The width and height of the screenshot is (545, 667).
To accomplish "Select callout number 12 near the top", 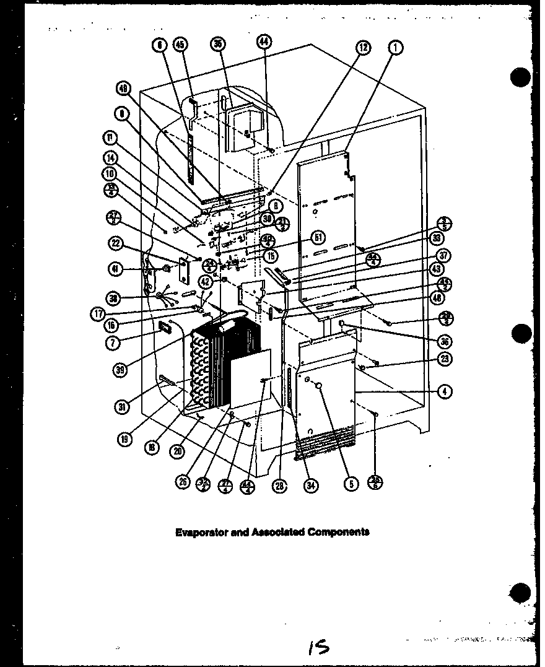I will [363, 46].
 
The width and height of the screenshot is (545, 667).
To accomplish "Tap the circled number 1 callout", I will [397, 46].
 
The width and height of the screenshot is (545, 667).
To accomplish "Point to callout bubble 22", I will [114, 243].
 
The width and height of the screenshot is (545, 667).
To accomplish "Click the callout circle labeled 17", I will [97, 313].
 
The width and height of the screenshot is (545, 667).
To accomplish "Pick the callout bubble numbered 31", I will [121, 407].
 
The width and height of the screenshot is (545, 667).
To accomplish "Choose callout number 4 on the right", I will [445, 391].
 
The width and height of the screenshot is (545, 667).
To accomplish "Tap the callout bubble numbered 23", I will [445, 358].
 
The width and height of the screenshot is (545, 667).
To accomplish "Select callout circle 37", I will [445, 255].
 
